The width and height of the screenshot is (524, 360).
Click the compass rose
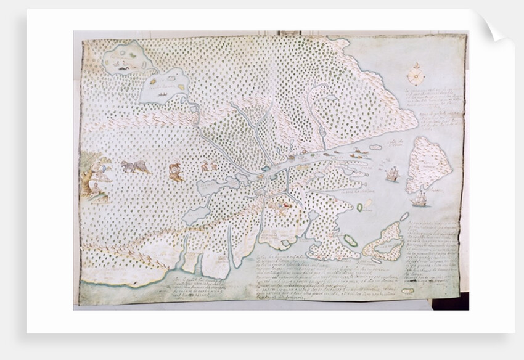pyautogui.click(x=414, y=75)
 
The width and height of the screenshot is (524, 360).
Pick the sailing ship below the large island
pyautogui.click(x=420, y=198)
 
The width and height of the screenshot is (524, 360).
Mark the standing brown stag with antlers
pyautogui.click(x=175, y=171)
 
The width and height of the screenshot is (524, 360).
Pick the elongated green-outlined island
pyautogui.click(x=351, y=240)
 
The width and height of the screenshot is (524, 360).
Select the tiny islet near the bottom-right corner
pyautogui.click(x=407, y=290)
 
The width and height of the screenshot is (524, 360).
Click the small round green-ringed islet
pyautogui.click(x=359, y=208)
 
